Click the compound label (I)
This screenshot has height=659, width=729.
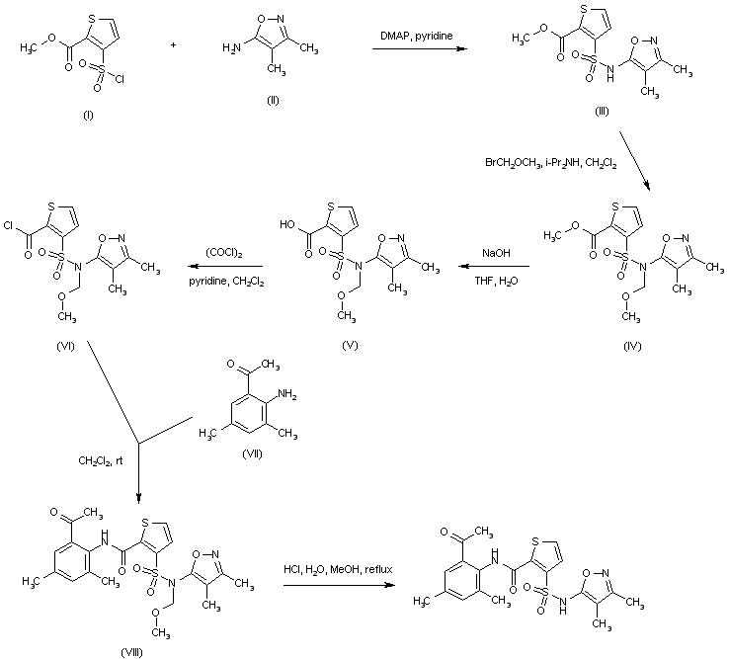click(88, 116)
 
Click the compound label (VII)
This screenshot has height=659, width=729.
click(251, 453)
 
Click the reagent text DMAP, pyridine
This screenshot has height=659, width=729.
click(411, 37)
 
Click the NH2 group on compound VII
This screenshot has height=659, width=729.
click(289, 394)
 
